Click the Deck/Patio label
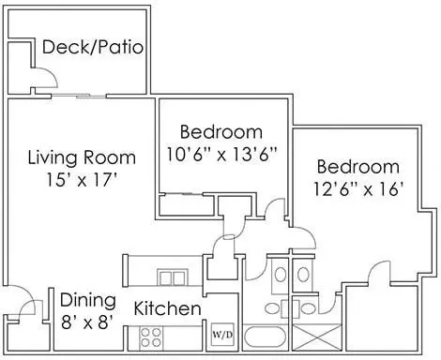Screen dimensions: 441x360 point(93,48)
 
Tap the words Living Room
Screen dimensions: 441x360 point(82,157)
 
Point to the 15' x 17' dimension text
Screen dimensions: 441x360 point(82,180)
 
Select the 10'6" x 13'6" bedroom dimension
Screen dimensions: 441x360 point(222,155)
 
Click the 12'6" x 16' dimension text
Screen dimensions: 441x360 point(357,189)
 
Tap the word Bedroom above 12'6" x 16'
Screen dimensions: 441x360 point(358,167)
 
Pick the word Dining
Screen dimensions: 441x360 point(88,300)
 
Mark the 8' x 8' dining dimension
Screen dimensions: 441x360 point(87,322)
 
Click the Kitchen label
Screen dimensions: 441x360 point(167,308)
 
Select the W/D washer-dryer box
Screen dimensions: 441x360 point(222,335)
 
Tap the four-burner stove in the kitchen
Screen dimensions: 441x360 point(151,337)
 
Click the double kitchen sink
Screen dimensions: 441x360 point(173,277)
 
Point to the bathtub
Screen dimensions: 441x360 point(265,337)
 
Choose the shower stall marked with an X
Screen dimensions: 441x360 point(317,337)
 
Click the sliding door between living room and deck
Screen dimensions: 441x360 point(78,96)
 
